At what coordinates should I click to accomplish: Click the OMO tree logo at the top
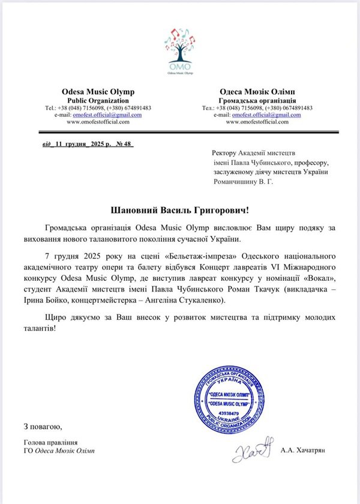(180, 50)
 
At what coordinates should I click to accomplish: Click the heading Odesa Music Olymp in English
(98, 91)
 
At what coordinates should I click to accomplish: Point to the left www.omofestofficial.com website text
(98, 121)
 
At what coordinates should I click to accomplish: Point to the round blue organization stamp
(230, 397)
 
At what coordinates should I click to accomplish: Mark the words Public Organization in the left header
(98, 100)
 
